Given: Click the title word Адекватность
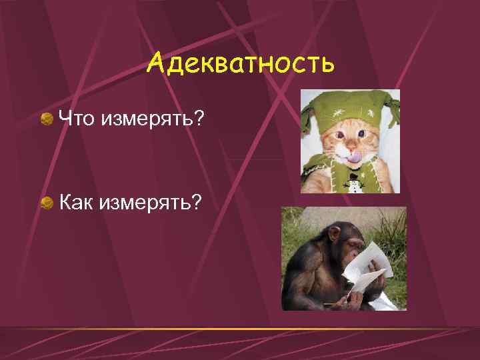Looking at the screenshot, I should coord(240,64).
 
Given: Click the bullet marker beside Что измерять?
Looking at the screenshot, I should coord(47,119).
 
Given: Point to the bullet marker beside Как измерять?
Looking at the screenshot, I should coord(47,202).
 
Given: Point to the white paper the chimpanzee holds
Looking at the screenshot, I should coord(371,267).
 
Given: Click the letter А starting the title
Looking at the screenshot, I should coord(156,64).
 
